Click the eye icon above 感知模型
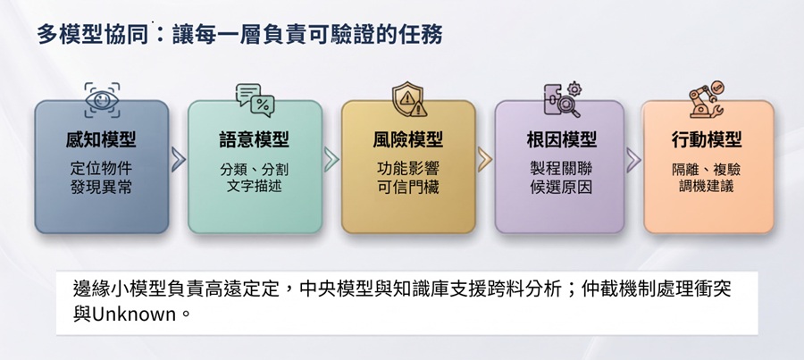point(102,99)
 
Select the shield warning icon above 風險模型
point(409,99)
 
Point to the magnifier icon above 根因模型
point(562,99)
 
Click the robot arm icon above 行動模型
point(707,99)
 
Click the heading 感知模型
point(102,140)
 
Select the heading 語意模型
point(255,140)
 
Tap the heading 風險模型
point(408,140)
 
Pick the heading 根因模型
point(562,140)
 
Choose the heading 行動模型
point(708,140)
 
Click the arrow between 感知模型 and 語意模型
point(178,160)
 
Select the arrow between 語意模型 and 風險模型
point(331,160)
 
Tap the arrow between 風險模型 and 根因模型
point(484,160)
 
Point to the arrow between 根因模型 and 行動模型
point(633,160)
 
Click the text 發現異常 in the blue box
point(102,188)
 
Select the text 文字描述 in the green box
point(255,186)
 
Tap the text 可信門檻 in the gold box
point(408,188)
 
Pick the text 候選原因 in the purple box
point(562,188)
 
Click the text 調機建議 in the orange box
point(708,186)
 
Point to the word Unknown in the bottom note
point(134,314)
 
